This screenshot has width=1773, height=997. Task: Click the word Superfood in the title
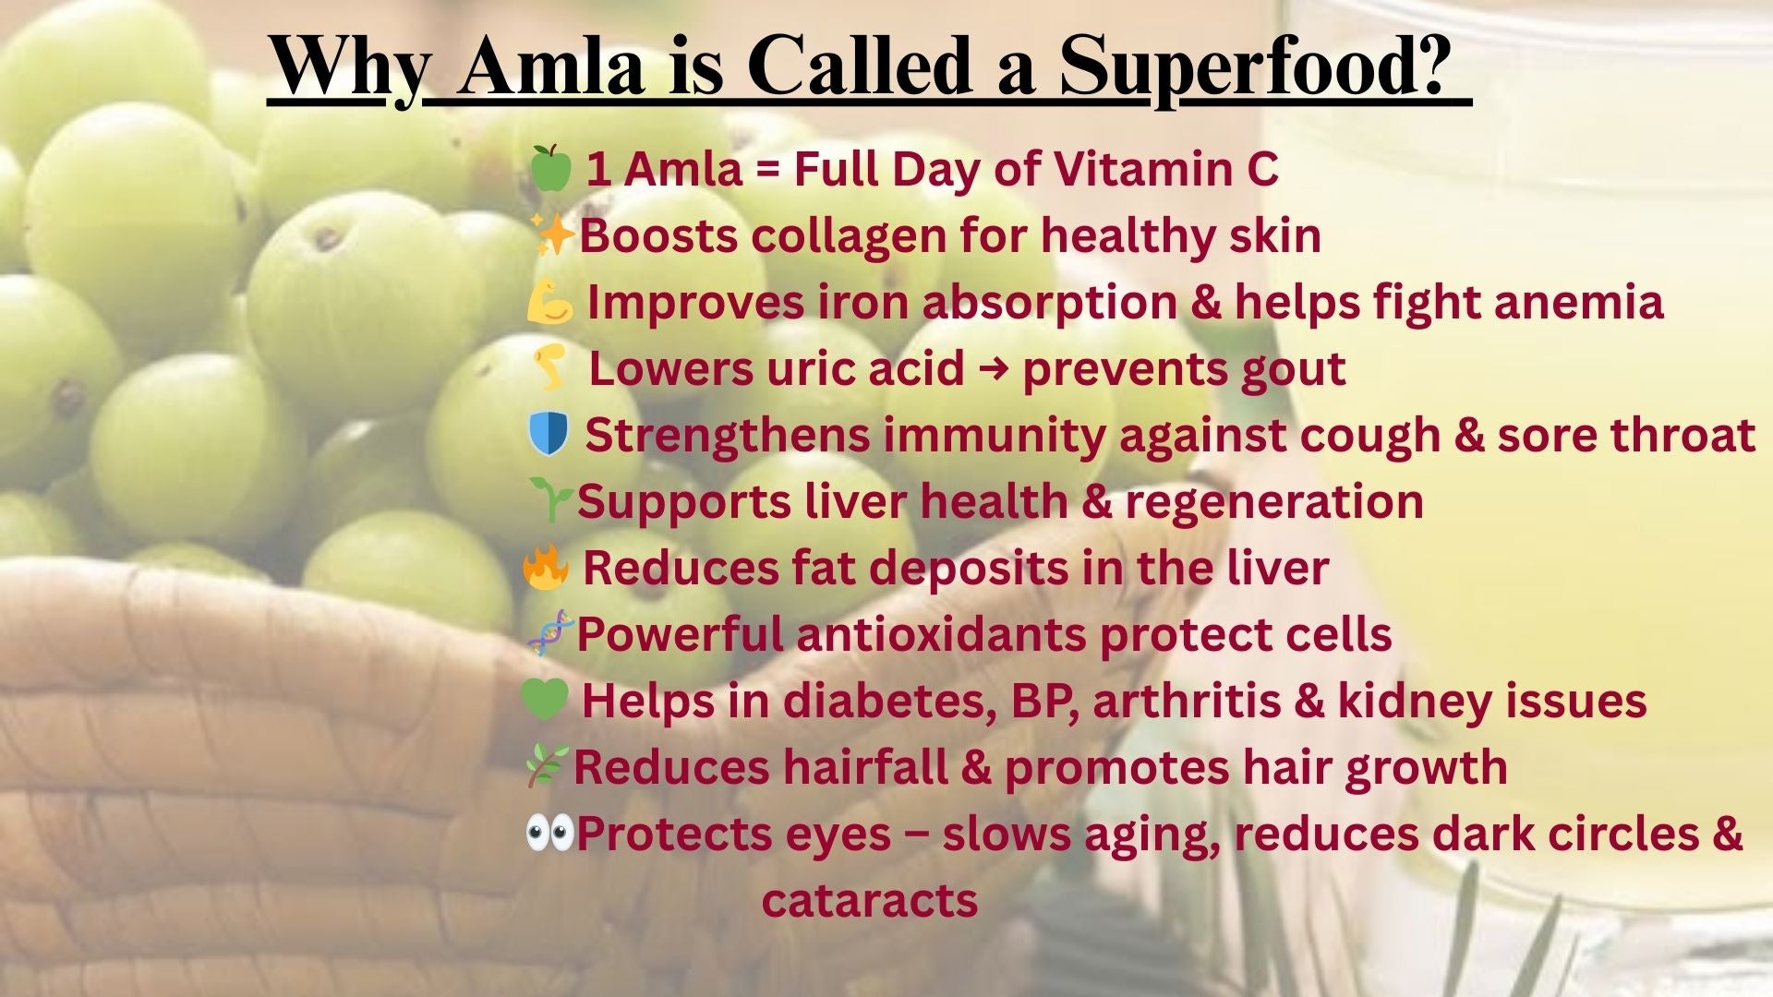1251,67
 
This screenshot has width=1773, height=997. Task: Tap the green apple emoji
550,168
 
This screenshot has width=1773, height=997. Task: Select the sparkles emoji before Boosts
554,234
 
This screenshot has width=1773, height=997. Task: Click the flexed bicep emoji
550,302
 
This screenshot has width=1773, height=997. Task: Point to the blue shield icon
549,434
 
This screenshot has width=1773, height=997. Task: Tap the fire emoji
546,567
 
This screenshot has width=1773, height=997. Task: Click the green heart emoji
545,700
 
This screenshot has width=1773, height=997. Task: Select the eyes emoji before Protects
549,833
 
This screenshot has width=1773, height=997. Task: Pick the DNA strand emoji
550,633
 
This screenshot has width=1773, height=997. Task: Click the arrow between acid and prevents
993,369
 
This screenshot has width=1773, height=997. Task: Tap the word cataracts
870,901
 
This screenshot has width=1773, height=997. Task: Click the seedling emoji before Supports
551,500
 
